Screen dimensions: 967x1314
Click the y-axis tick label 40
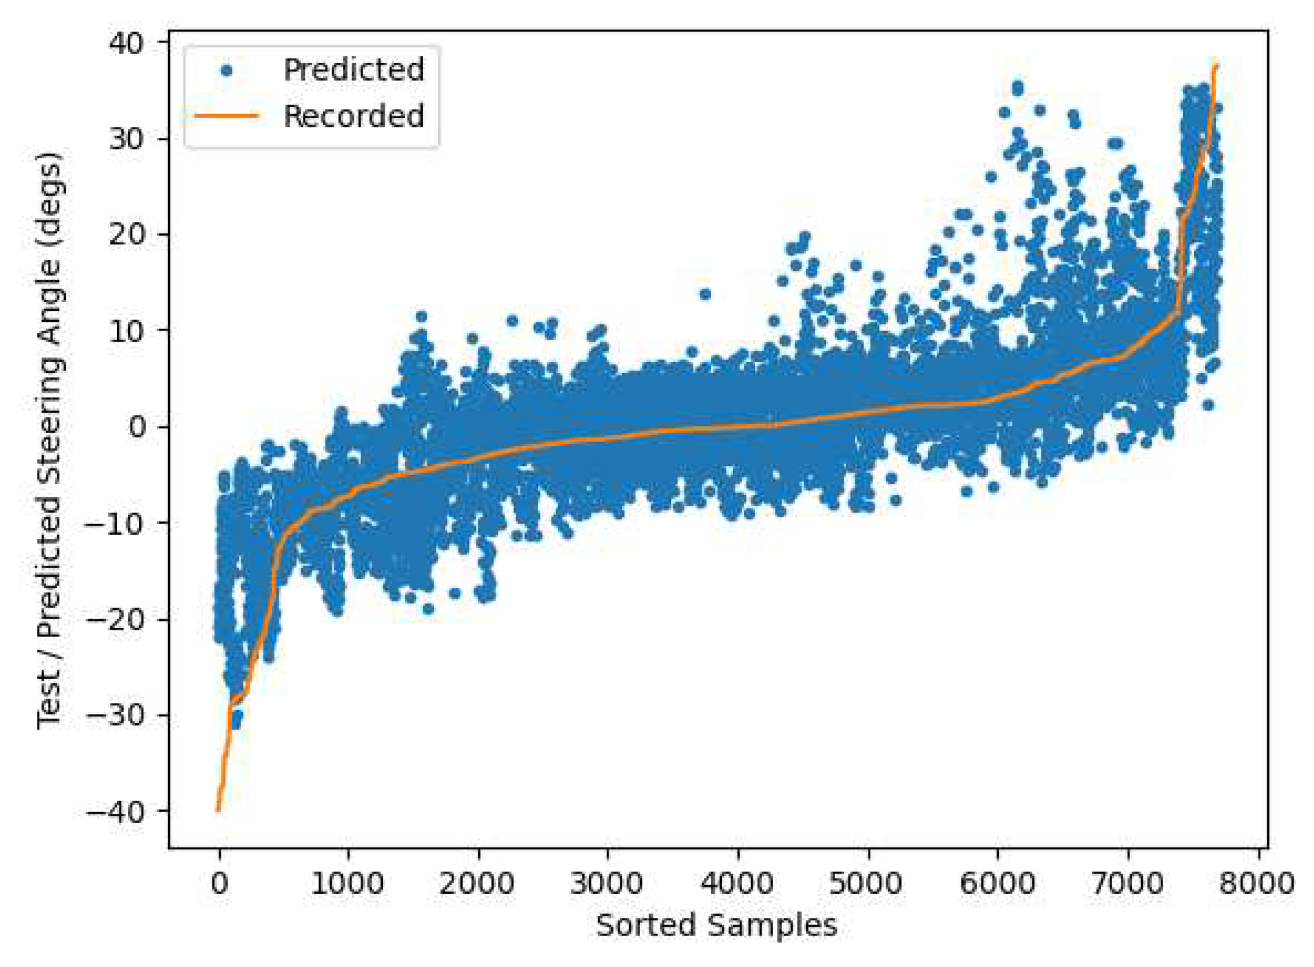pyautogui.click(x=126, y=43)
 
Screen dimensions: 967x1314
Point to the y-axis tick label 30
pyautogui.click(x=126, y=139)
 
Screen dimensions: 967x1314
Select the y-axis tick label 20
pyautogui.click(x=126, y=235)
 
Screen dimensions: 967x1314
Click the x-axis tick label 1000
pyautogui.click(x=348, y=884)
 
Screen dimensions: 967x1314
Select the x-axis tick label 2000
pyautogui.click(x=477, y=884)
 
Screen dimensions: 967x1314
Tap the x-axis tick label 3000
pyautogui.click(x=607, y=884)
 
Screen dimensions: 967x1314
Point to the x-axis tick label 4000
pyautogui.click(x=737, y=884)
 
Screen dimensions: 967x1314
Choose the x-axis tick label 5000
pyautogui.click(x=867, y=884)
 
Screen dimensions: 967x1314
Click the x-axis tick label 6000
pyautogui.click(x=997, y=884)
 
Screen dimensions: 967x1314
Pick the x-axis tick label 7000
pyautogui.click(x=1128, y=884)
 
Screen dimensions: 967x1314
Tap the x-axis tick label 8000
pyautogui.click(x=1257, y=884)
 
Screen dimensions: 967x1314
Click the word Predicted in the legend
pyautogui.click(x=354, y=70)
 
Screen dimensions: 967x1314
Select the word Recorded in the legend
pyautogui.click(x=354, y=116)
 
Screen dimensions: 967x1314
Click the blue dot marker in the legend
pyautogui.click(x=226, y=71)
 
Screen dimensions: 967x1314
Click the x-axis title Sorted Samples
pyautogui.click(x=717, y=925)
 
